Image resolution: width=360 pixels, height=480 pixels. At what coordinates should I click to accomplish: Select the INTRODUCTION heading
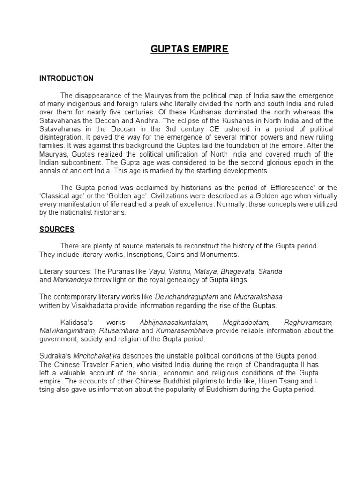pyautogui.click(x=66, y=79)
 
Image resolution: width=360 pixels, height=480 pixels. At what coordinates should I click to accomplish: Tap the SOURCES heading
pyautogui.click(x=57, y=230)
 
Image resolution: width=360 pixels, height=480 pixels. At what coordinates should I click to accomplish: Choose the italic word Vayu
pyautogui.click(x=157, y=272)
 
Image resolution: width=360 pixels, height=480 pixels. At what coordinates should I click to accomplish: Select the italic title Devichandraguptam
pyautogui.click(x=183, y=297)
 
